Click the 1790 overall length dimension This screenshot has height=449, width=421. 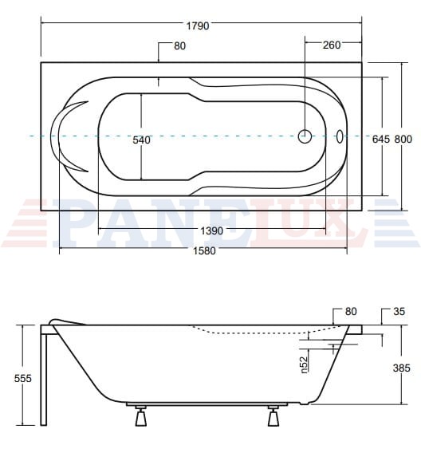click(198, 26)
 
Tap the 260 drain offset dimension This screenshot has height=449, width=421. click(332, 45)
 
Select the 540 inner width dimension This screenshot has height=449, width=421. click(141, 140)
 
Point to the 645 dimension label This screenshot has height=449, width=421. click(381, 140)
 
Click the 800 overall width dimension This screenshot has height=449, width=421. click(403, 140)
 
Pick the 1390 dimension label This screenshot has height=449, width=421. click(211, 230)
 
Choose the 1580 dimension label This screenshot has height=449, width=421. click(204, 251)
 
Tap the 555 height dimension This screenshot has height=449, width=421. click(23, 379)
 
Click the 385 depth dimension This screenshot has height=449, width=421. click(402, 368)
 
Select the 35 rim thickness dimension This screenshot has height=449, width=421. click(399, 311)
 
